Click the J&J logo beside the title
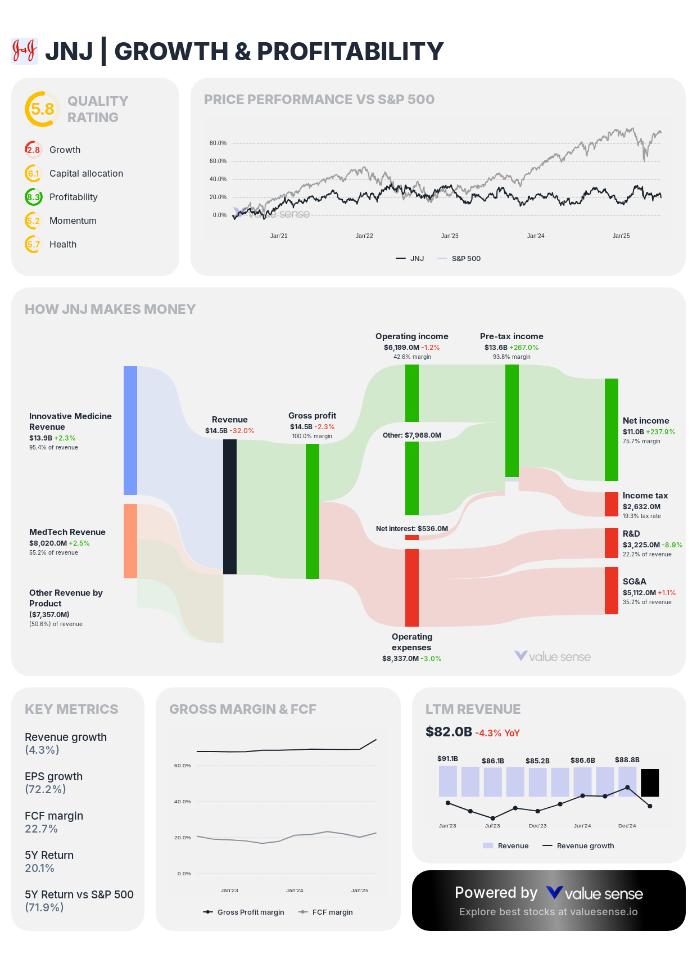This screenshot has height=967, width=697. coord(25,51)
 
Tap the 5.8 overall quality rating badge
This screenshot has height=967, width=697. coord(42,109)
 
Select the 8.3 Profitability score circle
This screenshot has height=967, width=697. coord(34,197)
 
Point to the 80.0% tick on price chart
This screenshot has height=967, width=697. coord(218,143)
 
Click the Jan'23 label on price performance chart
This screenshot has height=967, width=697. coord(450,236)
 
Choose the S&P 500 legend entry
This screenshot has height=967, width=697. coord(465,259)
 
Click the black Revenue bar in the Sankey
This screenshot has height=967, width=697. coord(230,506)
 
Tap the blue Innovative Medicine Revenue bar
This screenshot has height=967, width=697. coord(130,430)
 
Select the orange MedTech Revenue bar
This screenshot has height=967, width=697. coord(130,541)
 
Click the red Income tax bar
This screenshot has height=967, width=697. coord(611,504)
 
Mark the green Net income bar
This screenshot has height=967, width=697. coord(611,429)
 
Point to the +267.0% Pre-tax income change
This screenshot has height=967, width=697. coord(524,348)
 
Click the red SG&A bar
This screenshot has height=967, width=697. coord(611,590)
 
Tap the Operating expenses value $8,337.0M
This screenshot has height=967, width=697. coord(400,659)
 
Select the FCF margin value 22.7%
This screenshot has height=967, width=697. coord(41,829)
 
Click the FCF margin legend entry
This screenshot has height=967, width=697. coord(332,912)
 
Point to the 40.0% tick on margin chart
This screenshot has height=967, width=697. coord(182,802)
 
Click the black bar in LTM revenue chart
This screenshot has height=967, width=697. coord(650,782)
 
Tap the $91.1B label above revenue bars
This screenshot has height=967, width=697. coord(447,759)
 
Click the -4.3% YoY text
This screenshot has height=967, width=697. coord(497,733)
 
